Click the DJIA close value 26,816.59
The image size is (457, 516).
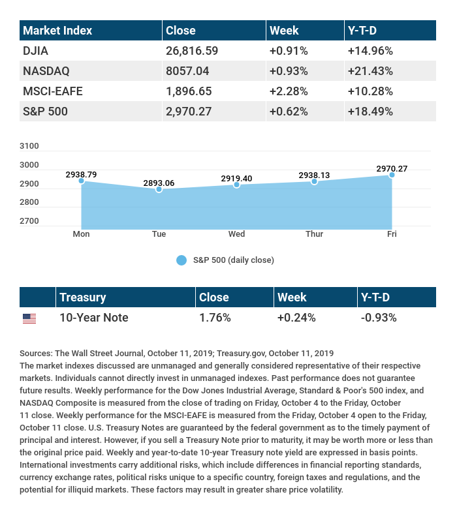click(192, 50)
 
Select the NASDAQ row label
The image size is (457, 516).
click(46, 70)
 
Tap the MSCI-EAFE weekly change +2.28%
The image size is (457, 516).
click(289, 91)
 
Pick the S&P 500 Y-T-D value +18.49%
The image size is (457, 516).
click(371, 112)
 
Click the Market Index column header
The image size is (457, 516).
click(57, 31)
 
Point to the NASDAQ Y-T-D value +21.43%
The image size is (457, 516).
click(371, 70)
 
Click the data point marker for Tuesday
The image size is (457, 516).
click(159, 189)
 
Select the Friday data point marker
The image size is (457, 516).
click(392, 175)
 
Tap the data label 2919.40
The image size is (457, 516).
click(236, 177)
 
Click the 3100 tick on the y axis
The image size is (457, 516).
click(29, 146)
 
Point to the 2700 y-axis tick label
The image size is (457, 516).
click(29, 221)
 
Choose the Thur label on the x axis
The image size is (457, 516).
click(314, 234)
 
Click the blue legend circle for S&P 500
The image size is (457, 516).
click(181, 260)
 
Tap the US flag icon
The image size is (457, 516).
click(29, 318)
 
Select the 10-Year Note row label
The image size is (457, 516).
click(93, 318)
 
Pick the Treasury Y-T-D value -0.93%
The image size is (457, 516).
click(379, 318)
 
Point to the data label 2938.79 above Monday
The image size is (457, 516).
click(81, 174)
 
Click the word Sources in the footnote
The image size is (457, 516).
click(36, 353)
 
